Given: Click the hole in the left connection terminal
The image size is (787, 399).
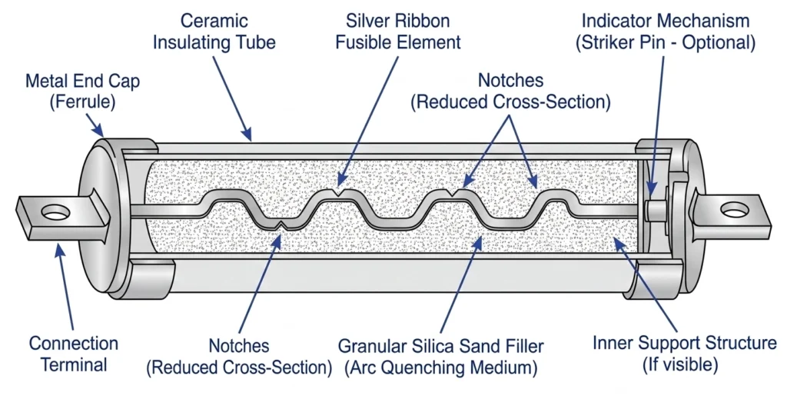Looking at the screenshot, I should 53,210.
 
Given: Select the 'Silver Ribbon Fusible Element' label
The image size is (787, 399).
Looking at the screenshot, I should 387,32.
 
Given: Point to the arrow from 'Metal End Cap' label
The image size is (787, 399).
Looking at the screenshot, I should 95,122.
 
